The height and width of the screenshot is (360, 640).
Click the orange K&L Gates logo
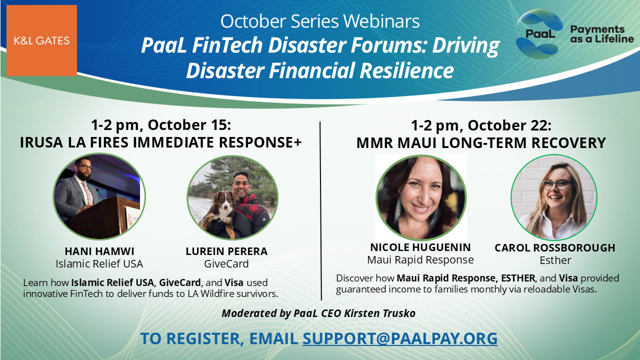click(x=41, y=40)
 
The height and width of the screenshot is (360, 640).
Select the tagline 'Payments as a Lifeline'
click(x=601, y=34)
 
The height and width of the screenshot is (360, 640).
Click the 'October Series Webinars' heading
click(x=320, y=21)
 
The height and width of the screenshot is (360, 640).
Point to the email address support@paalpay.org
click(x=400, y=338)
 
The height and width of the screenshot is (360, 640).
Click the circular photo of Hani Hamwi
click(x=99, y=196)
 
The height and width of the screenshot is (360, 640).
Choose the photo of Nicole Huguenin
click(x=421, y=197)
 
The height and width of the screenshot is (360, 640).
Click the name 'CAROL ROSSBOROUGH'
click(x=554, y=248)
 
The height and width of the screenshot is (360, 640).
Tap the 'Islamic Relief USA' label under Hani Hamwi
click(x=99, y=264)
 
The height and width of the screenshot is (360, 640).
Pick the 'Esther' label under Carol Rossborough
click(x=555, y=260)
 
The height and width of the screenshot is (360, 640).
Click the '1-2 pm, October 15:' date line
click(x=160, y=124)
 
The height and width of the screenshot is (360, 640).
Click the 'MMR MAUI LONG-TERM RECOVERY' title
click(x=480, y=143)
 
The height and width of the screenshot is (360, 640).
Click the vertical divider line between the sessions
click(x=320, y=210)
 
